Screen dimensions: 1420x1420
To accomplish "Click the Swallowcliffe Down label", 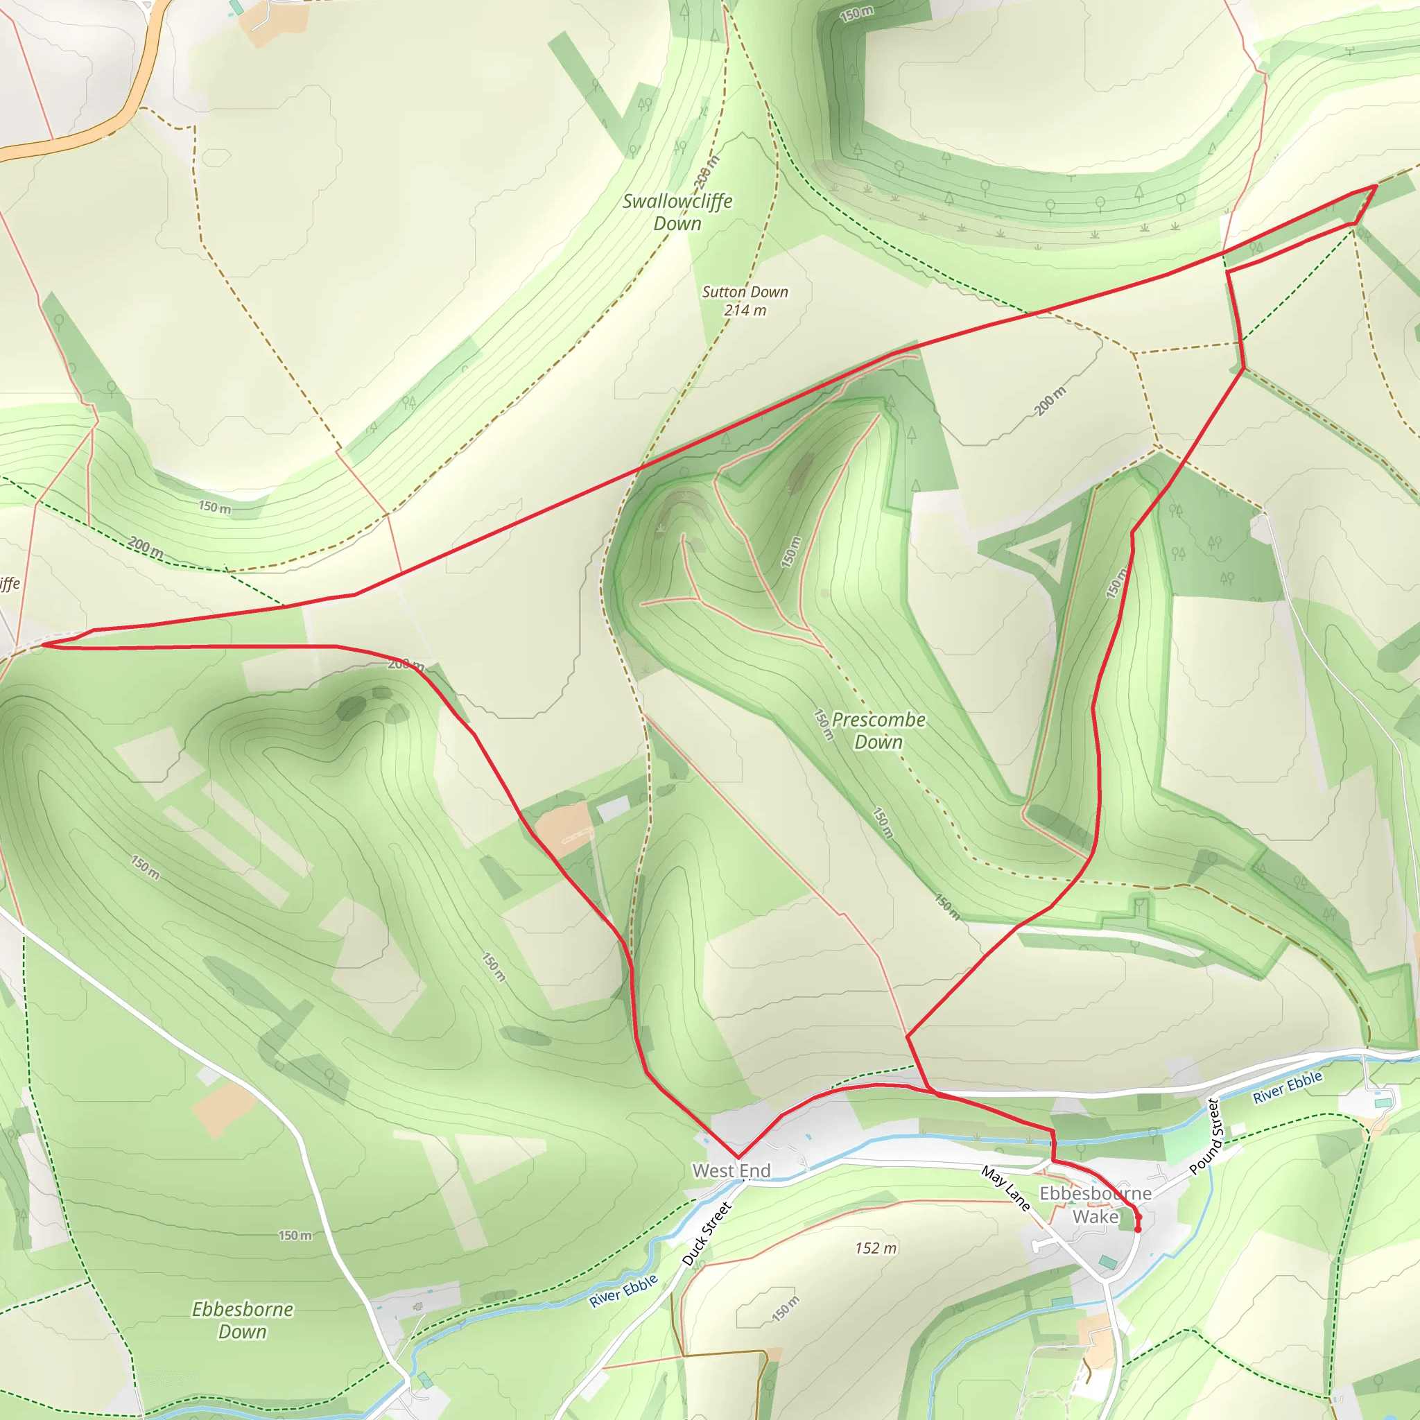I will click(x=677, y=211).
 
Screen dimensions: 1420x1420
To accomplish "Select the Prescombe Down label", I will click(x=878, y=731).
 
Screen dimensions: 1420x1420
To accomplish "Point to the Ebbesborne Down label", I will click(x=243, y=1320).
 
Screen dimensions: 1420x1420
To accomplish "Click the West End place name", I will click(x=731, y=1171).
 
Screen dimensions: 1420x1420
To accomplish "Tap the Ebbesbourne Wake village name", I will click(x=1095, y=1204).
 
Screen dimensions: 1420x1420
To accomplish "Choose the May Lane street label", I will click(x=1006, y=1188).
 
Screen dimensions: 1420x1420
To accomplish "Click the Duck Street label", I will click(x=707, y=1234).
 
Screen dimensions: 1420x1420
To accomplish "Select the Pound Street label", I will click(x=1205, y=1136).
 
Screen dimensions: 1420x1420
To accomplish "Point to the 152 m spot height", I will click(x=876, y=1248).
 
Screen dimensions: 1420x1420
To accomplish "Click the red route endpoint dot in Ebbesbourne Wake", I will click(x=1138, y=1229).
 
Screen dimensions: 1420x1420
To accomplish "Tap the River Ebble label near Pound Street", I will click(x=1288, y=1087).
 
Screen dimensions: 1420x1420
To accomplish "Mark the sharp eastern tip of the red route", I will click(x=1376, y=186).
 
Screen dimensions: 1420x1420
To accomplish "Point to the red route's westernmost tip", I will click(x=42, y=645).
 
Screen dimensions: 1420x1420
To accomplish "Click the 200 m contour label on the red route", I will click(x=406, y=664).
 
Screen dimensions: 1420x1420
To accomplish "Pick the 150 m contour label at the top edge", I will click(x=857, y=13).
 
